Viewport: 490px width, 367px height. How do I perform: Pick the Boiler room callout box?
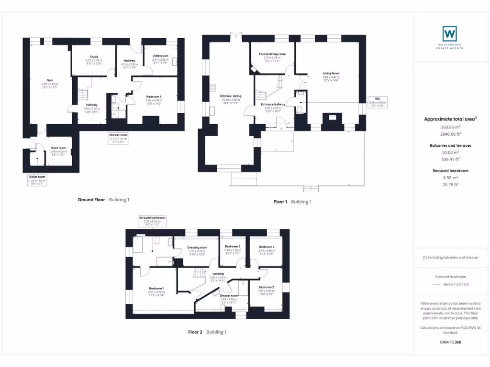pyautogui.click(x=37, y=180)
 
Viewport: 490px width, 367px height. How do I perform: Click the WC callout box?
pyautogui.click(x=378, y=101)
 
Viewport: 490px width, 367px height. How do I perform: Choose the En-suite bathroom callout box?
pyautogui.click(x=152, y=220)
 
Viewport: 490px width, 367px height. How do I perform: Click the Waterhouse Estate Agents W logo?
pyautogui.click(x=449, y=33)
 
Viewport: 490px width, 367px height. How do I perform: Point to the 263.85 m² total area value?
pyautogui.click(x=450, y=127)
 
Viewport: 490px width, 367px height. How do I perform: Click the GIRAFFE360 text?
pyautogui.click(x=450, y=342)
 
